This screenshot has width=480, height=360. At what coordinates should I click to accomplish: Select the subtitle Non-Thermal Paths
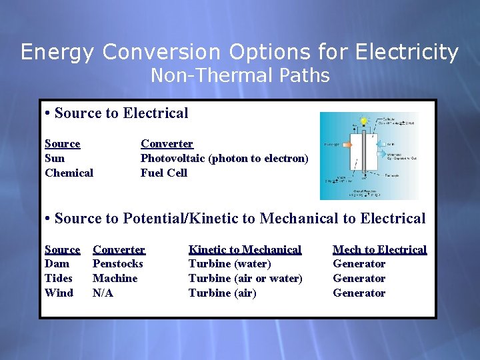tap(240, 76)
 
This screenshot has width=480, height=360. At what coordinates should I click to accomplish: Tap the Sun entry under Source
tap(55, 159)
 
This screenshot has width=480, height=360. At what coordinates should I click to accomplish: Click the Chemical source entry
tap(69, 173)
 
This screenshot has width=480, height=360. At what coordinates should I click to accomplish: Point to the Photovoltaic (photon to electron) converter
tap(224, 159)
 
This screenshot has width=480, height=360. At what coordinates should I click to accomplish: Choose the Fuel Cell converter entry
tap(163, 173)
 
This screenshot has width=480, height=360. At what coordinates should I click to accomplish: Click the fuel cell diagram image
tap(369, 155)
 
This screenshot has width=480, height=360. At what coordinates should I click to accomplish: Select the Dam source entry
tap(57, 264)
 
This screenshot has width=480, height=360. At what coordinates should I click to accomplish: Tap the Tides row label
tap(59, 279)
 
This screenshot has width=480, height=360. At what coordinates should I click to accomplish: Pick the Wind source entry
tap(59, 293)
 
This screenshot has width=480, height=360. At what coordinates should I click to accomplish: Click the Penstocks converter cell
tap(118, 264)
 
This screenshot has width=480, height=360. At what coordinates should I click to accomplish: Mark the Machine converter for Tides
tap(115, 279)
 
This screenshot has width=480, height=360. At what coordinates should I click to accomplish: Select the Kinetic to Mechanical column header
tap(245, 250)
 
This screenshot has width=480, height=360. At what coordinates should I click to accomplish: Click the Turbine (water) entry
tap(229, 264)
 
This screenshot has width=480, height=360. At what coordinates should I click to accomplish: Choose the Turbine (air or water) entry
tap(245, 279)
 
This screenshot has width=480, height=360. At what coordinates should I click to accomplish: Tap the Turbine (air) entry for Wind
tap(222, 293)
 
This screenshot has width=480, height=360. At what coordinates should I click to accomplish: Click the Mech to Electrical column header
tap(379, 250)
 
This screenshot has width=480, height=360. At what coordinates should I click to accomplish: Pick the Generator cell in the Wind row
tap(359, 293)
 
